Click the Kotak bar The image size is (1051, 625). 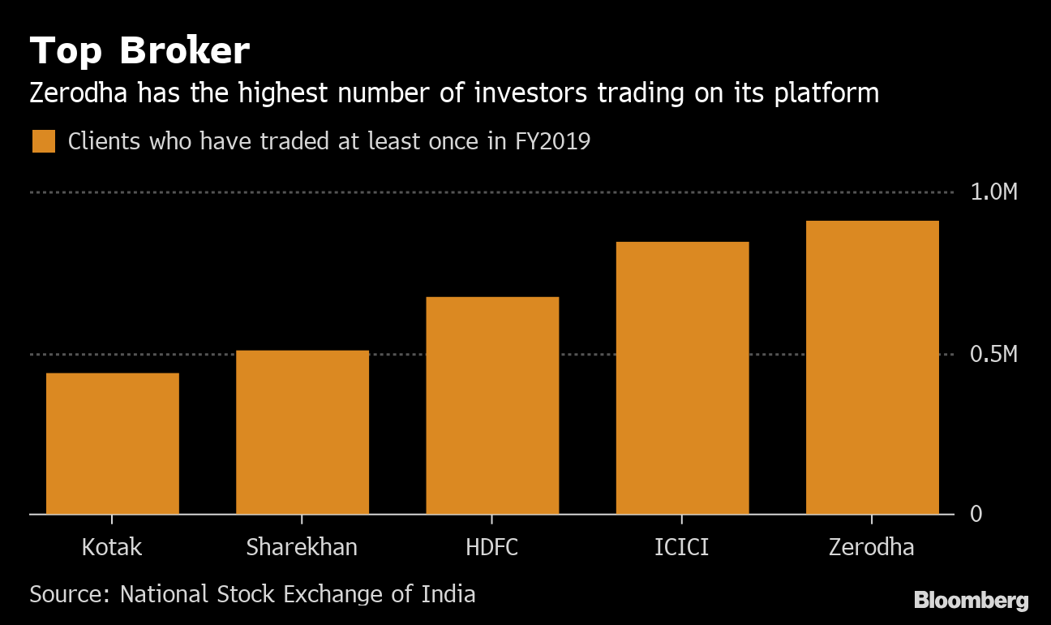(112, 443)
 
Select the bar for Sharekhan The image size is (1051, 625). (302, 432)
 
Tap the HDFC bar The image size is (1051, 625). (492, 405)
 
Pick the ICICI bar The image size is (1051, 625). (682, 377)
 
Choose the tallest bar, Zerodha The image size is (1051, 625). (872, 367)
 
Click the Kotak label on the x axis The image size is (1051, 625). (112, 547)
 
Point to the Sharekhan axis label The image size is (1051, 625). (302, 547)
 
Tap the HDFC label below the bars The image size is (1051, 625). (492, 547)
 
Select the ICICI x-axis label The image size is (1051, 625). (682, 547)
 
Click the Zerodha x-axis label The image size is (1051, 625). (872, 547)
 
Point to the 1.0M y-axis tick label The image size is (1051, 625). (993, 192)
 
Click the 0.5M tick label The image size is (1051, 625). (993, 355)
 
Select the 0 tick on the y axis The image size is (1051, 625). (977, 514)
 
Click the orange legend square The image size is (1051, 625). (43, 141)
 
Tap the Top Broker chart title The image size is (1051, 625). (139, 52)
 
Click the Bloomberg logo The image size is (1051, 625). (971, 601)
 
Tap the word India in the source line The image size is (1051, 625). (448, 593)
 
